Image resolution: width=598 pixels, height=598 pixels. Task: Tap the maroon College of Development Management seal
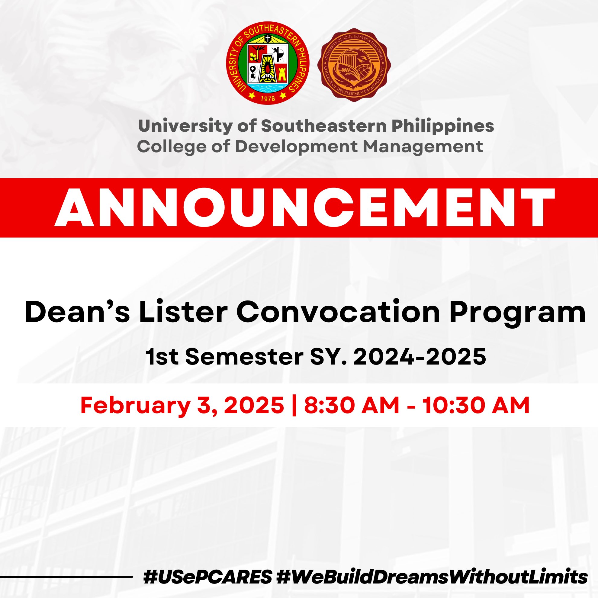tap(354, 65)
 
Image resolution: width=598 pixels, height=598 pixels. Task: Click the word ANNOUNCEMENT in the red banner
tap(304, 207)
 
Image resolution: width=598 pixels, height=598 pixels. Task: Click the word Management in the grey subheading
tap(423, 146)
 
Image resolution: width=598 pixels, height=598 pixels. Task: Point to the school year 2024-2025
tap(420, 357)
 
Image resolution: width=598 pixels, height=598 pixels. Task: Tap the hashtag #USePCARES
tap(208, 577)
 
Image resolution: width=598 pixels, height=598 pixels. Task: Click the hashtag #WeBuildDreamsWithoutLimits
tap(432, 577)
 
